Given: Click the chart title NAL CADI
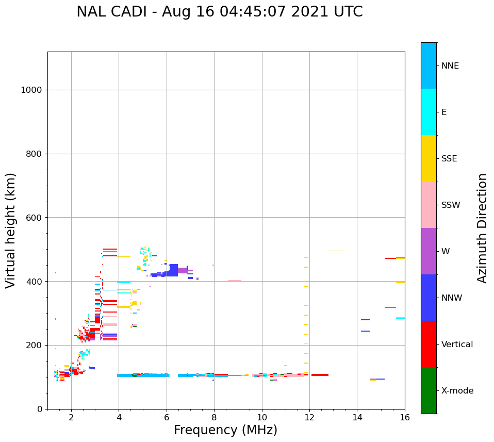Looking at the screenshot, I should [x=219, y=12].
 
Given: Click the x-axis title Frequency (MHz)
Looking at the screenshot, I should [x=225, y=430].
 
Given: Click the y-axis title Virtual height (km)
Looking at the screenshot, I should [x=11, y=231].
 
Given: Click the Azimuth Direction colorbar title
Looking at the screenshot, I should [x=482, y=228].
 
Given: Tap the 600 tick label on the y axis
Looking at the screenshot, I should [x=34, y=218].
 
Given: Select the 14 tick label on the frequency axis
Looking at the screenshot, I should [x=357, y=417].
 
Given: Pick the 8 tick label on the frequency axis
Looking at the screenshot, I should [x=214, y=417].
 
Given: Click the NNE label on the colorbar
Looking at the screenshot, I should [x=450, y=66].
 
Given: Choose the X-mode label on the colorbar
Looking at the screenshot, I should [x=457, y=391].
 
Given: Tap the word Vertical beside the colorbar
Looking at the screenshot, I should [x=457, y=345].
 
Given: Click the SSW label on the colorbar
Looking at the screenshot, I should [x=450, y=205].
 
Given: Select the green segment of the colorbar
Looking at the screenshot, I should [x=429, y=390].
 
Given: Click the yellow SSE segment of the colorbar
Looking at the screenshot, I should [x=429, y=158].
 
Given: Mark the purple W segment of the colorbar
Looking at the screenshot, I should [x=429, y=251].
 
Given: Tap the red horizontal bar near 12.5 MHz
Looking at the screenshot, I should [x=320, y=375].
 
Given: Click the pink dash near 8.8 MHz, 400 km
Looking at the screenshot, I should [x=234, y=281].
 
